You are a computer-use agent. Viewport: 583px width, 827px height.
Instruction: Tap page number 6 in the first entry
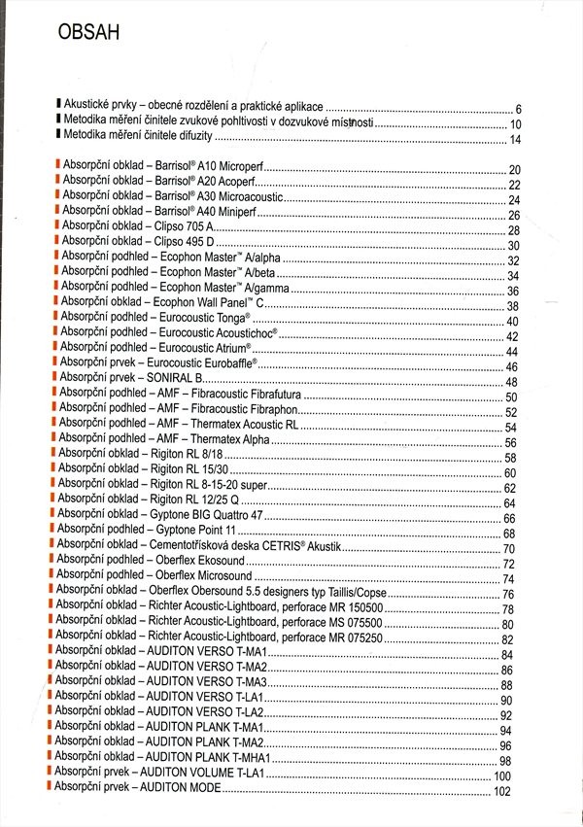pyautogui.click(x=519, y=110)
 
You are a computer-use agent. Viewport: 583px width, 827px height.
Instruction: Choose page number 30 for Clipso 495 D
pyautogui.click(x=514, y=246)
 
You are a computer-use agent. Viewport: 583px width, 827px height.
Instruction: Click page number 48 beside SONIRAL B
pyautogui.click(x=511, y=383)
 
